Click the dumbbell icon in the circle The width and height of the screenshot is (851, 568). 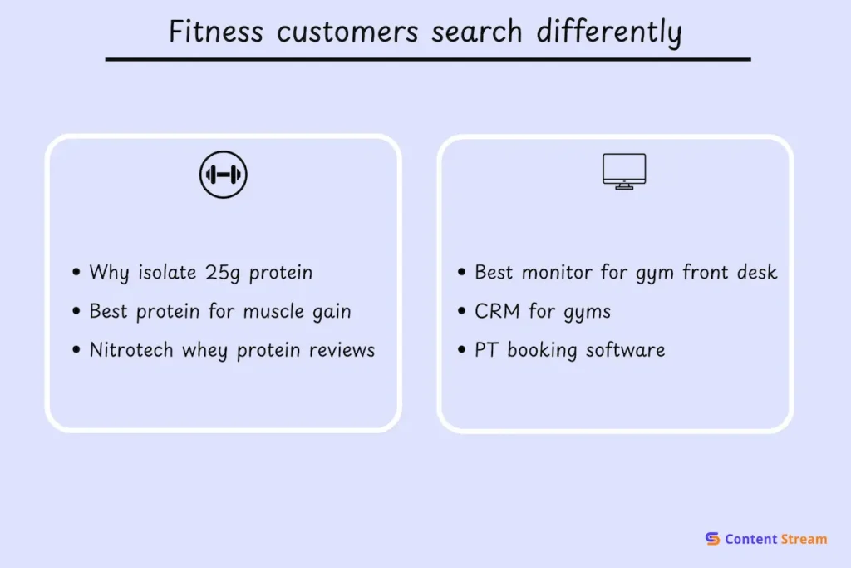pos(224,175)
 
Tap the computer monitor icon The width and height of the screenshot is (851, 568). pos(624,171)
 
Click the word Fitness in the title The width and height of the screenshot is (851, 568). pos(216,32)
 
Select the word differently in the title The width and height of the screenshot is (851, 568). pos(609,32)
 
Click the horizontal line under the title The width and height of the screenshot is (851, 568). pos(427,60)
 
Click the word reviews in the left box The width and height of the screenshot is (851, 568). pos(342,351)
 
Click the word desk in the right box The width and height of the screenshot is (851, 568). pos(757,272)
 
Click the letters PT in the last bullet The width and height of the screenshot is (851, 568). pos(486,350)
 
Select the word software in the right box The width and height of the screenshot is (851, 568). pos(625,350)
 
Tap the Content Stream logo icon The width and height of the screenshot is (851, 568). pos(712,539)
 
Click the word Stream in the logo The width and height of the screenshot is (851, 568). pos(804,539)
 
